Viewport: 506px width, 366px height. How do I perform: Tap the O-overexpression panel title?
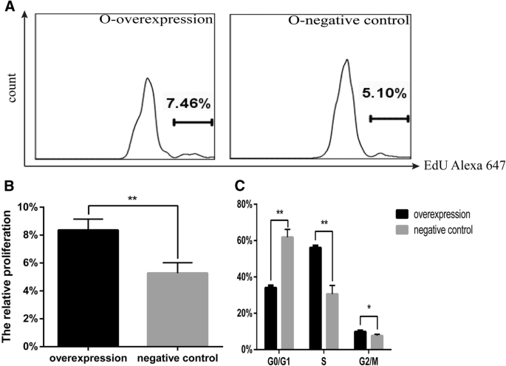pyautogui.click(x=156, y=21)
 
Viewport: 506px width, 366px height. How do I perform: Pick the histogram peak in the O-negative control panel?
pyautogui.click(x=345, y=61)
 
